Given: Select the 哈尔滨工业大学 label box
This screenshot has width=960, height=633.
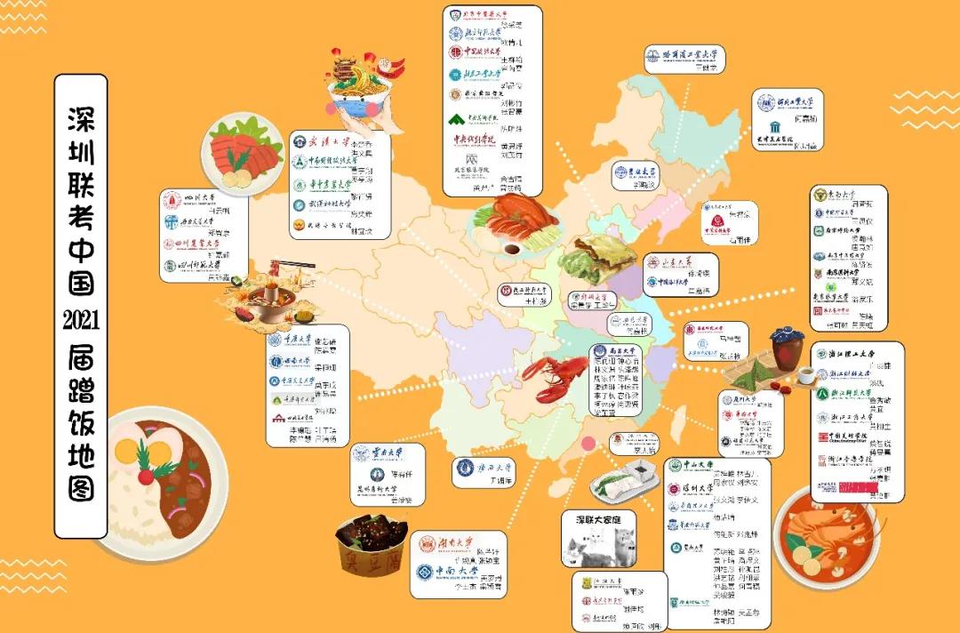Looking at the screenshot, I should point(684,60).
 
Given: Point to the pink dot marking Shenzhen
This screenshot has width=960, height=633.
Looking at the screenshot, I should point(587,444).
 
